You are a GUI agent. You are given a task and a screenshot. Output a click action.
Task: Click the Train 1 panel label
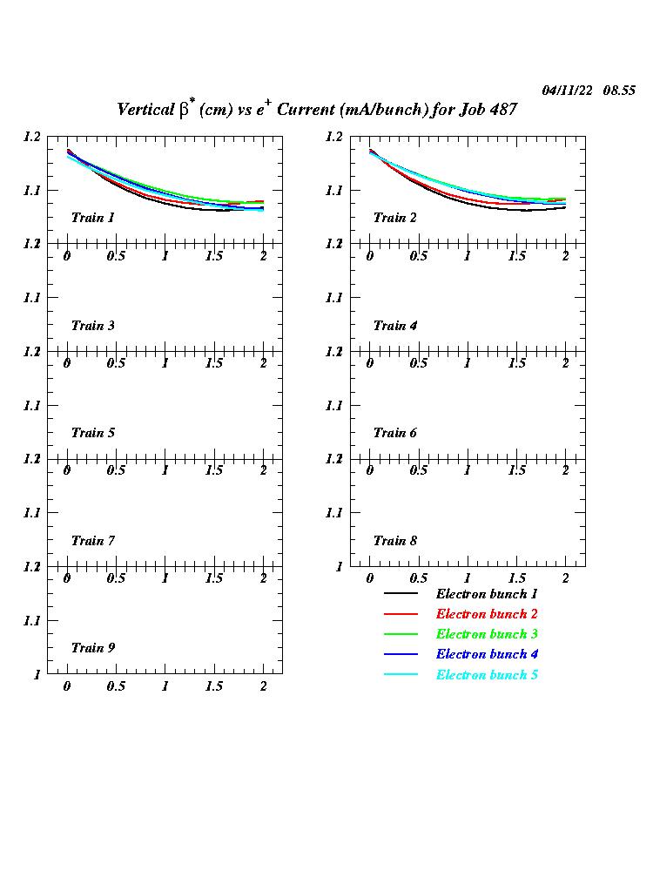92,218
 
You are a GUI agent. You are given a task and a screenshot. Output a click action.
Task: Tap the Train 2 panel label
394,218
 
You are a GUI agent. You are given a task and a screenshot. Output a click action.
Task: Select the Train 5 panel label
92,433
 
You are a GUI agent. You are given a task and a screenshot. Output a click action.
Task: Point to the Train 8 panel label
394,541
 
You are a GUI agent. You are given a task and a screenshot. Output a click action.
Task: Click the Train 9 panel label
92,648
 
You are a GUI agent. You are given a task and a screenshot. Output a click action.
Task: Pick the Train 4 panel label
394,326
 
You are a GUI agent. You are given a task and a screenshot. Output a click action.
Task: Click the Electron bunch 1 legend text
487,594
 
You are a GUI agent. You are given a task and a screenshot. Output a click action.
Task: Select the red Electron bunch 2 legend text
487,614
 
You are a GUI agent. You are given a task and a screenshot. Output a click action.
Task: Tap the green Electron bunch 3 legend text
487,634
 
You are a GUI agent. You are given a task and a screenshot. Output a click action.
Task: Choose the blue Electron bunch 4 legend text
487,654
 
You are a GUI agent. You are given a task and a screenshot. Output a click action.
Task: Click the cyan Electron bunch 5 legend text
487,675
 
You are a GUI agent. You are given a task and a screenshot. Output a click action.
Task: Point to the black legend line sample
401,594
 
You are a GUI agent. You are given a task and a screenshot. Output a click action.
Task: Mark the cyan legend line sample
401,675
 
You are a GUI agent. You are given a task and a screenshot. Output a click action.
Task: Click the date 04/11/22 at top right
568,91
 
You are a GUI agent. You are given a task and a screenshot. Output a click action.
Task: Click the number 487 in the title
502,110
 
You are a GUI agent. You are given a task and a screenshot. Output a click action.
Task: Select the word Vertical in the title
145,110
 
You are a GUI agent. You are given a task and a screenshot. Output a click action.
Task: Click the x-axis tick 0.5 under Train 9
116,686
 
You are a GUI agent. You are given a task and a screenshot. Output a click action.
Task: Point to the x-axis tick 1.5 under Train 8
516,578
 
